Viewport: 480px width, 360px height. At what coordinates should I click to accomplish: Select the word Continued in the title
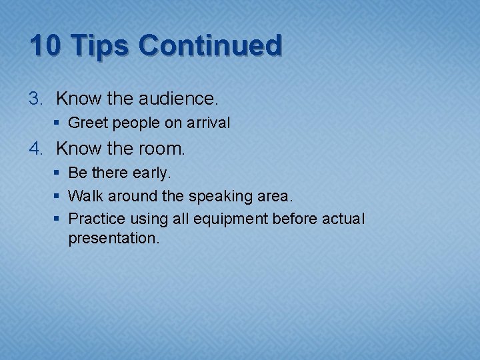click(x=210, y=46)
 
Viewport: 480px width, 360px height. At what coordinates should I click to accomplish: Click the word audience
click(x=178, y=99)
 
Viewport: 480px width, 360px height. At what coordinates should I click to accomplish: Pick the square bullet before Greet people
click(x=59, y=123)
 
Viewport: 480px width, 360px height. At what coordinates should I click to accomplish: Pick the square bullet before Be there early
click(x=59, y=173)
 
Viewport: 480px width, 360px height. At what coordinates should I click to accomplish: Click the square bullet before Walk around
click(x=59, y=196)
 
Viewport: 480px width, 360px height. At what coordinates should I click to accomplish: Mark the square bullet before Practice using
click(x=59, y=219)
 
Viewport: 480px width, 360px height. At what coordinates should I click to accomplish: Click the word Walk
click(x=84, y=196)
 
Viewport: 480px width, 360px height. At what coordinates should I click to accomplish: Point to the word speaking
click(x=219, y=197)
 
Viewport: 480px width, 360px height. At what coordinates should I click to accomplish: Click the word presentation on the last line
click(x=114, y=239)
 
